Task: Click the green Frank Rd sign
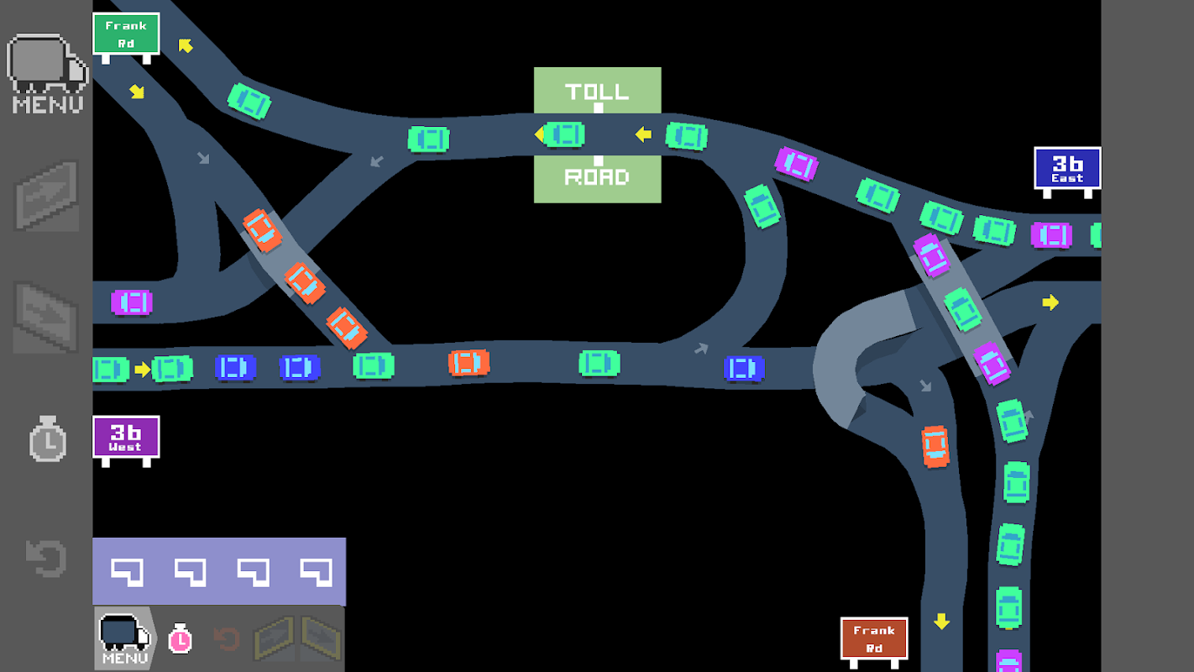[126, 34]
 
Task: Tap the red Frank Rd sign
[874, 638]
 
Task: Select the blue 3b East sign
[1067, 169]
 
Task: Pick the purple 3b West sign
[126, 438]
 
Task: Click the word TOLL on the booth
[597, 91]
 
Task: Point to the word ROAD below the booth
[597, 177]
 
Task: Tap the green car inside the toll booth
[564, 134]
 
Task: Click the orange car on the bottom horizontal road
[469, 363]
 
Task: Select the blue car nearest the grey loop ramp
[744, 368]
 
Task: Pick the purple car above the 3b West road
[132, 302]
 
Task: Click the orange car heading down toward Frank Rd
[935, 446]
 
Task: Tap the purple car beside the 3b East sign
[1051, 235]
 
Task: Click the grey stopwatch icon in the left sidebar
[48, 439]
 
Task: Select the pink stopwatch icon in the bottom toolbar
[180, 639]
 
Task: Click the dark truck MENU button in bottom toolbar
[124, 639]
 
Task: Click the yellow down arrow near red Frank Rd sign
[941, 622]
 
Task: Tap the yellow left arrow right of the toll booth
[643, 134]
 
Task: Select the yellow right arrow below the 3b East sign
[1050, 302]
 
